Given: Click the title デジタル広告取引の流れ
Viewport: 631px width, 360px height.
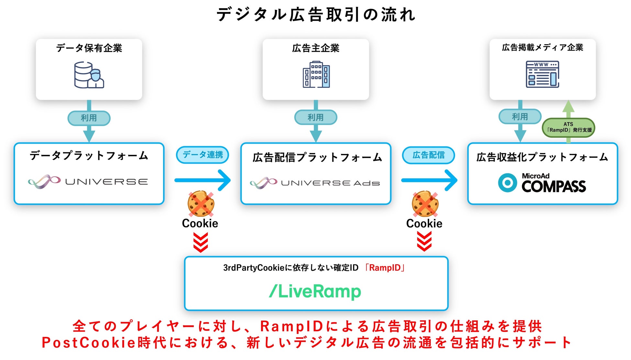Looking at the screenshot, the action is tap(316, 15).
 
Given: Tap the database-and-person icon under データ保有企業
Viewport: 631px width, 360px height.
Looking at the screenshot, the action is tap(89, 75).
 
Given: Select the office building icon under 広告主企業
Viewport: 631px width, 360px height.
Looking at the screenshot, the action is tap(316, 74).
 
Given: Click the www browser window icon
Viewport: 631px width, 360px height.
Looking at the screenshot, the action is tap(542, 74).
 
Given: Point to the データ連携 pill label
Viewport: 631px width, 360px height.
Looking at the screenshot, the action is tap(203, 155).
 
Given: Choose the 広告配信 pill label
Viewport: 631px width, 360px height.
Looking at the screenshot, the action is tap(428, 155).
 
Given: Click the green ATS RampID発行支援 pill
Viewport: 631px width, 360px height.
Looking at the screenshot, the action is tap(569, 127).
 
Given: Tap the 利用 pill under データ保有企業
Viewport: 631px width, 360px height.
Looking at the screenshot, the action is tap(89, 118).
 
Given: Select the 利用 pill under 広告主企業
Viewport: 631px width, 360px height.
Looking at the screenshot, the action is tap(316, 117).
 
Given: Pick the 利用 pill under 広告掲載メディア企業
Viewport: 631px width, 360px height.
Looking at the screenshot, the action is tap(520, 117).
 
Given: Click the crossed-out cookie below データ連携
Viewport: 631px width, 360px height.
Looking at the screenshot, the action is tap(201, 204).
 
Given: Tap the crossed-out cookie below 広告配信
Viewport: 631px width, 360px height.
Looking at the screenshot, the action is tap(425, 204).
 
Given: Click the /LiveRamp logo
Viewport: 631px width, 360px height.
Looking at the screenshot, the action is tap(315, 291).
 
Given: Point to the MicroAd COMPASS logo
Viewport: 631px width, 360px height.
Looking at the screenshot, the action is tap(542, 183).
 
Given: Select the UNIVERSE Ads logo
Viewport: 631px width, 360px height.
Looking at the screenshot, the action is tap(315, 183).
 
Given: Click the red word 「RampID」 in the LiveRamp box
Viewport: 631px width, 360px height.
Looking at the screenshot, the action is tap(385, 268).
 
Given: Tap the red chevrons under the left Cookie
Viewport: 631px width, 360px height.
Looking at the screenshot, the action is tap(201, 243).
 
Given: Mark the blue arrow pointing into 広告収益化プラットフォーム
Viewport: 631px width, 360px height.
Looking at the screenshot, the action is tap(429, 180).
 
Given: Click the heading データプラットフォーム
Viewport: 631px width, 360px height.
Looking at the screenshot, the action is tap(89, 156).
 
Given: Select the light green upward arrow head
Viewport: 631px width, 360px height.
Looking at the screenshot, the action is tap(569, 106).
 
